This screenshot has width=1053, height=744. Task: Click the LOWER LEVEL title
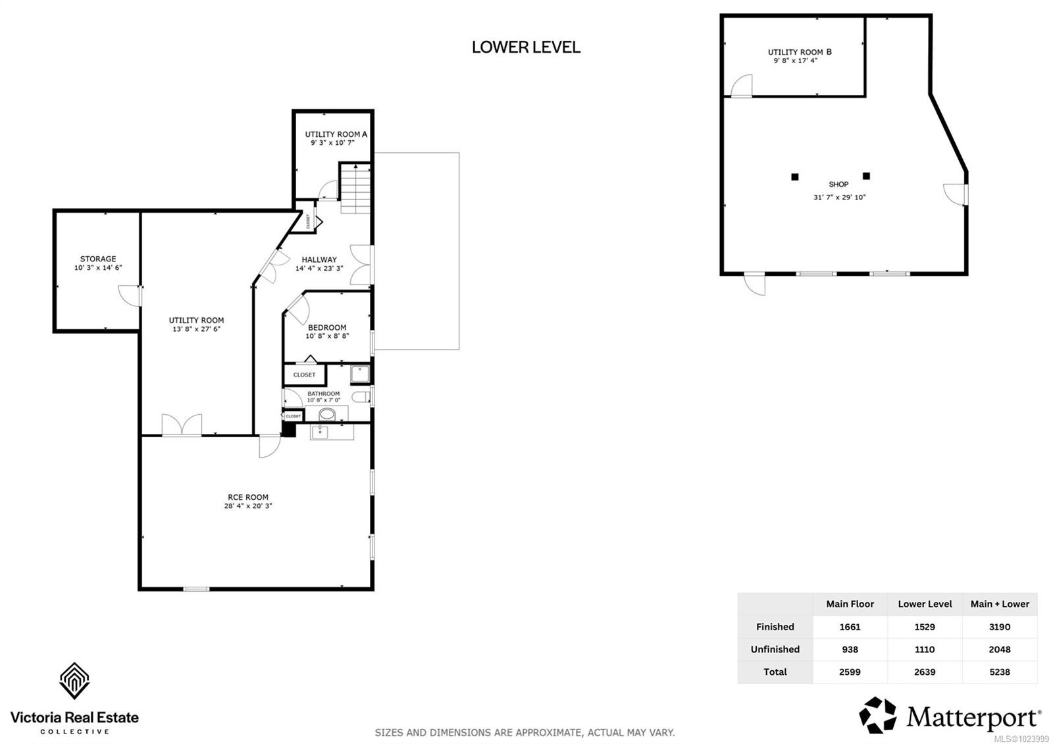point(526,47)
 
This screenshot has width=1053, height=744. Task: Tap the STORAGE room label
point(98,259)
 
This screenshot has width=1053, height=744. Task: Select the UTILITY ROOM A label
point(336,134)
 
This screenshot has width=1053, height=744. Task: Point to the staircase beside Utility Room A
point(355,188)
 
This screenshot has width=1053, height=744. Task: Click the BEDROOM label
point(327,327)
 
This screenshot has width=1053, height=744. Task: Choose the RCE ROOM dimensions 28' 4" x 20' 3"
point(248,506)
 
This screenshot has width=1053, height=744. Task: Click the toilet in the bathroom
point(360,396)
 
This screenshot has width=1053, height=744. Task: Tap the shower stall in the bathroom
point(360,374)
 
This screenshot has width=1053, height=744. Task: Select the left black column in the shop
point(795,176)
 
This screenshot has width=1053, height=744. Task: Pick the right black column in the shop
point(866,176)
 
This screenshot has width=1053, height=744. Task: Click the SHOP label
point(838,184)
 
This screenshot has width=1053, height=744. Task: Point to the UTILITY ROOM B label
point(800,51)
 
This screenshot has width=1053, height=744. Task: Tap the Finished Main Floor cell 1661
point(850,627)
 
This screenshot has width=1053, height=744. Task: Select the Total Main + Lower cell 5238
point(999,672)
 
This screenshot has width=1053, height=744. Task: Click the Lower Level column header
point(925,604)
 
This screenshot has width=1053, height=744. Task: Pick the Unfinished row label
point(775,649)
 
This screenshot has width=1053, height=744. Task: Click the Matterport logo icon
point(878,715)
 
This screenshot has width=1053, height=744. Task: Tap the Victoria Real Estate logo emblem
point(74,681)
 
